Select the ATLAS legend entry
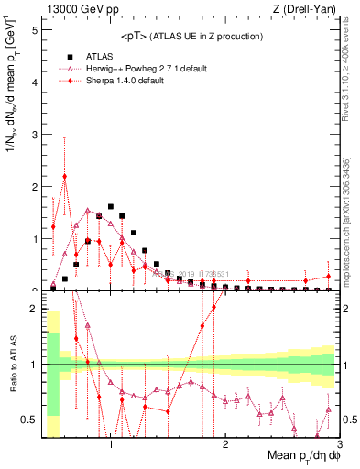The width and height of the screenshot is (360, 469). [100, 55]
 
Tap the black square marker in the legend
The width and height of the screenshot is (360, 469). [66, 55]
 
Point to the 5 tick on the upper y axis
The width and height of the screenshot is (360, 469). [35, 29]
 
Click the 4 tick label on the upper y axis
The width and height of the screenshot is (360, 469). [35, 82]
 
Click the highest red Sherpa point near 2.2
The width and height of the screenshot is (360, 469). [64, 177]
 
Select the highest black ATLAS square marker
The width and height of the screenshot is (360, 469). [111, 207]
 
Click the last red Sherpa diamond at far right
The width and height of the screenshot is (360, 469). [329, 277]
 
